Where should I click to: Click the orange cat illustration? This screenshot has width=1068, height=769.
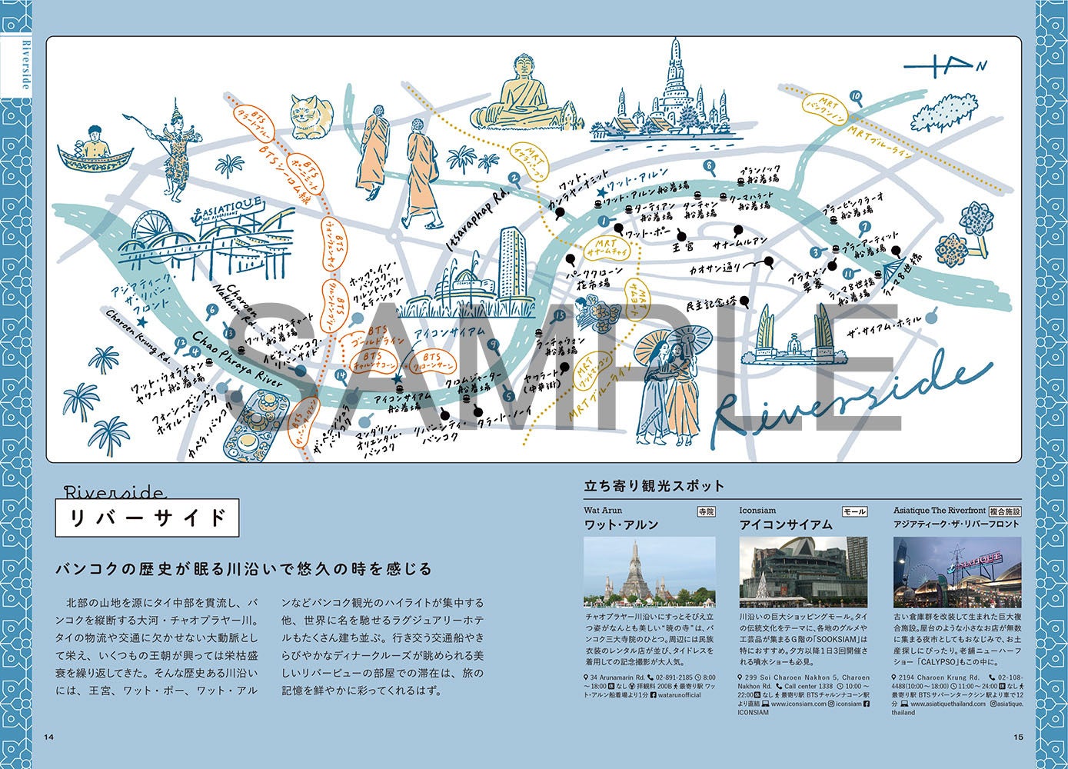pos(311,115)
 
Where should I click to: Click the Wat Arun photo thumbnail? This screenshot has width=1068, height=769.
pos(649,571)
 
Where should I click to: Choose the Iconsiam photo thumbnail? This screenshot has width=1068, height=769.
pos(803,571)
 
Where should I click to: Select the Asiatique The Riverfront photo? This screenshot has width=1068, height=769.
pos(957,571)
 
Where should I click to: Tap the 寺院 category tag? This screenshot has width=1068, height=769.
pos(705,511)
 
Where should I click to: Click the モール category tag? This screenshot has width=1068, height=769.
pos(854,511)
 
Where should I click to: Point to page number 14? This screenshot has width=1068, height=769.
pos(49,737)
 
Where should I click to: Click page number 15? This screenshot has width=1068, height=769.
pos(1018,737)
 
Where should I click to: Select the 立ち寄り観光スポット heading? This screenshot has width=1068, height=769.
pos(654,486)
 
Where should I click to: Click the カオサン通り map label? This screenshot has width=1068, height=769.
pos(715,268)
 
